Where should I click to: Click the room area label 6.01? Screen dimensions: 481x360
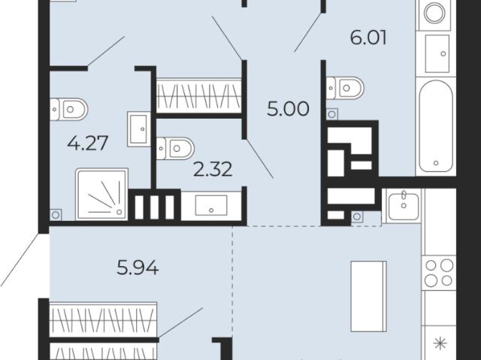(x=368, y=38)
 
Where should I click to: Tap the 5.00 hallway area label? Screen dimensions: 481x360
(x=288, y=109)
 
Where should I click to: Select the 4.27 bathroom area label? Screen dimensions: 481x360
(x=88, y=144)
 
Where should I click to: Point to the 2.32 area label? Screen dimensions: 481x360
(x=213, y=170)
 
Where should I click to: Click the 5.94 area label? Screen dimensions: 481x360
(x=138, y=268)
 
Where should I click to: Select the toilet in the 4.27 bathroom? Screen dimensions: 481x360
(x=69, y=109)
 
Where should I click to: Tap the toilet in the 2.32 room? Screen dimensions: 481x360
(x=175, y=148)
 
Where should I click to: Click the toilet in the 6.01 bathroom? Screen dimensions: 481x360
(x=345, y=89)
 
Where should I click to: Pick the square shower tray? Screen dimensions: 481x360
(x=102, y=194)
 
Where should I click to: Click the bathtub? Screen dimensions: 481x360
(x=436, y=126)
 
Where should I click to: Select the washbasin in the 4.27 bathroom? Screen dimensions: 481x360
(x=139, y=129)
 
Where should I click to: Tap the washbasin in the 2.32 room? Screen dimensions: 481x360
(x=211, y=205)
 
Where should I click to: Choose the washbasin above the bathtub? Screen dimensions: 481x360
(x=437, y=53)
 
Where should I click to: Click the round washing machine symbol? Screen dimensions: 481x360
(x=434, y=13)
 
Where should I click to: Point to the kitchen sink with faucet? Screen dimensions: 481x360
(x=404, y=206)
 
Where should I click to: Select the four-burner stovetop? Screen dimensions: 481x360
(x=439, y=273)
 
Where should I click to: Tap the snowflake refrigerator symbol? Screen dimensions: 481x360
(x=440, y=343)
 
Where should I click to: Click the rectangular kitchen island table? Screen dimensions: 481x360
(x=369, y=296)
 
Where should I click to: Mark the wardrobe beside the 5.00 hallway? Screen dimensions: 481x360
(x=198, y=95)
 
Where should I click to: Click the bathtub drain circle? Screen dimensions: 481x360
(x=436, y=163)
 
